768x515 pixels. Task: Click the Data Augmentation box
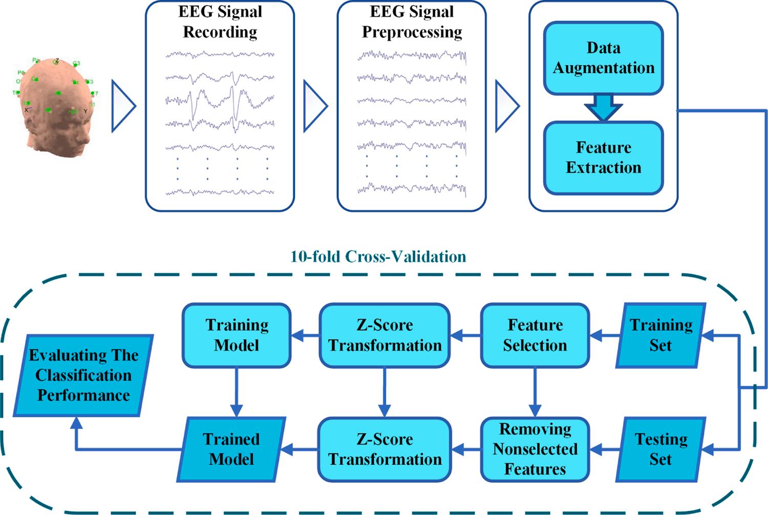click(603, 58)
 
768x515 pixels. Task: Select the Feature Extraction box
click(603, 158)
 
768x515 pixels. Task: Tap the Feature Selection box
click(535, 335)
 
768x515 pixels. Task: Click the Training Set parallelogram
click(660, 335)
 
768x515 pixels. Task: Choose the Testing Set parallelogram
click(660, 449)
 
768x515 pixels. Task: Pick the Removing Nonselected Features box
click(535, 449)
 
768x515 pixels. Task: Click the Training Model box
click(237, 335)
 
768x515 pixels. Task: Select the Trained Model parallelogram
click(231, 449)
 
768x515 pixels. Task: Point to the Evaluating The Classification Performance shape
click(83, 375)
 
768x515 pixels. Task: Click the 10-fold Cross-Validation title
click(378, 256)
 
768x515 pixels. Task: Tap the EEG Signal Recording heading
click(220, 22)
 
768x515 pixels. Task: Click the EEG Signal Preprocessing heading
click(412, 22)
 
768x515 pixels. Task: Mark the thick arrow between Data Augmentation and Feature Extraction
click(603, 108)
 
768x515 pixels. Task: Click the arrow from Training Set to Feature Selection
click(605, 336)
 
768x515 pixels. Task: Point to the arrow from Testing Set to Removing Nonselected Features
click(605, 450)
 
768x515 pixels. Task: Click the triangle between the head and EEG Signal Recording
click(123, 106)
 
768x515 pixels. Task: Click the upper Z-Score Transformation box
click(385, 335)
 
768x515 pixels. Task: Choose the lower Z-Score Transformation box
click(385, 449)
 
